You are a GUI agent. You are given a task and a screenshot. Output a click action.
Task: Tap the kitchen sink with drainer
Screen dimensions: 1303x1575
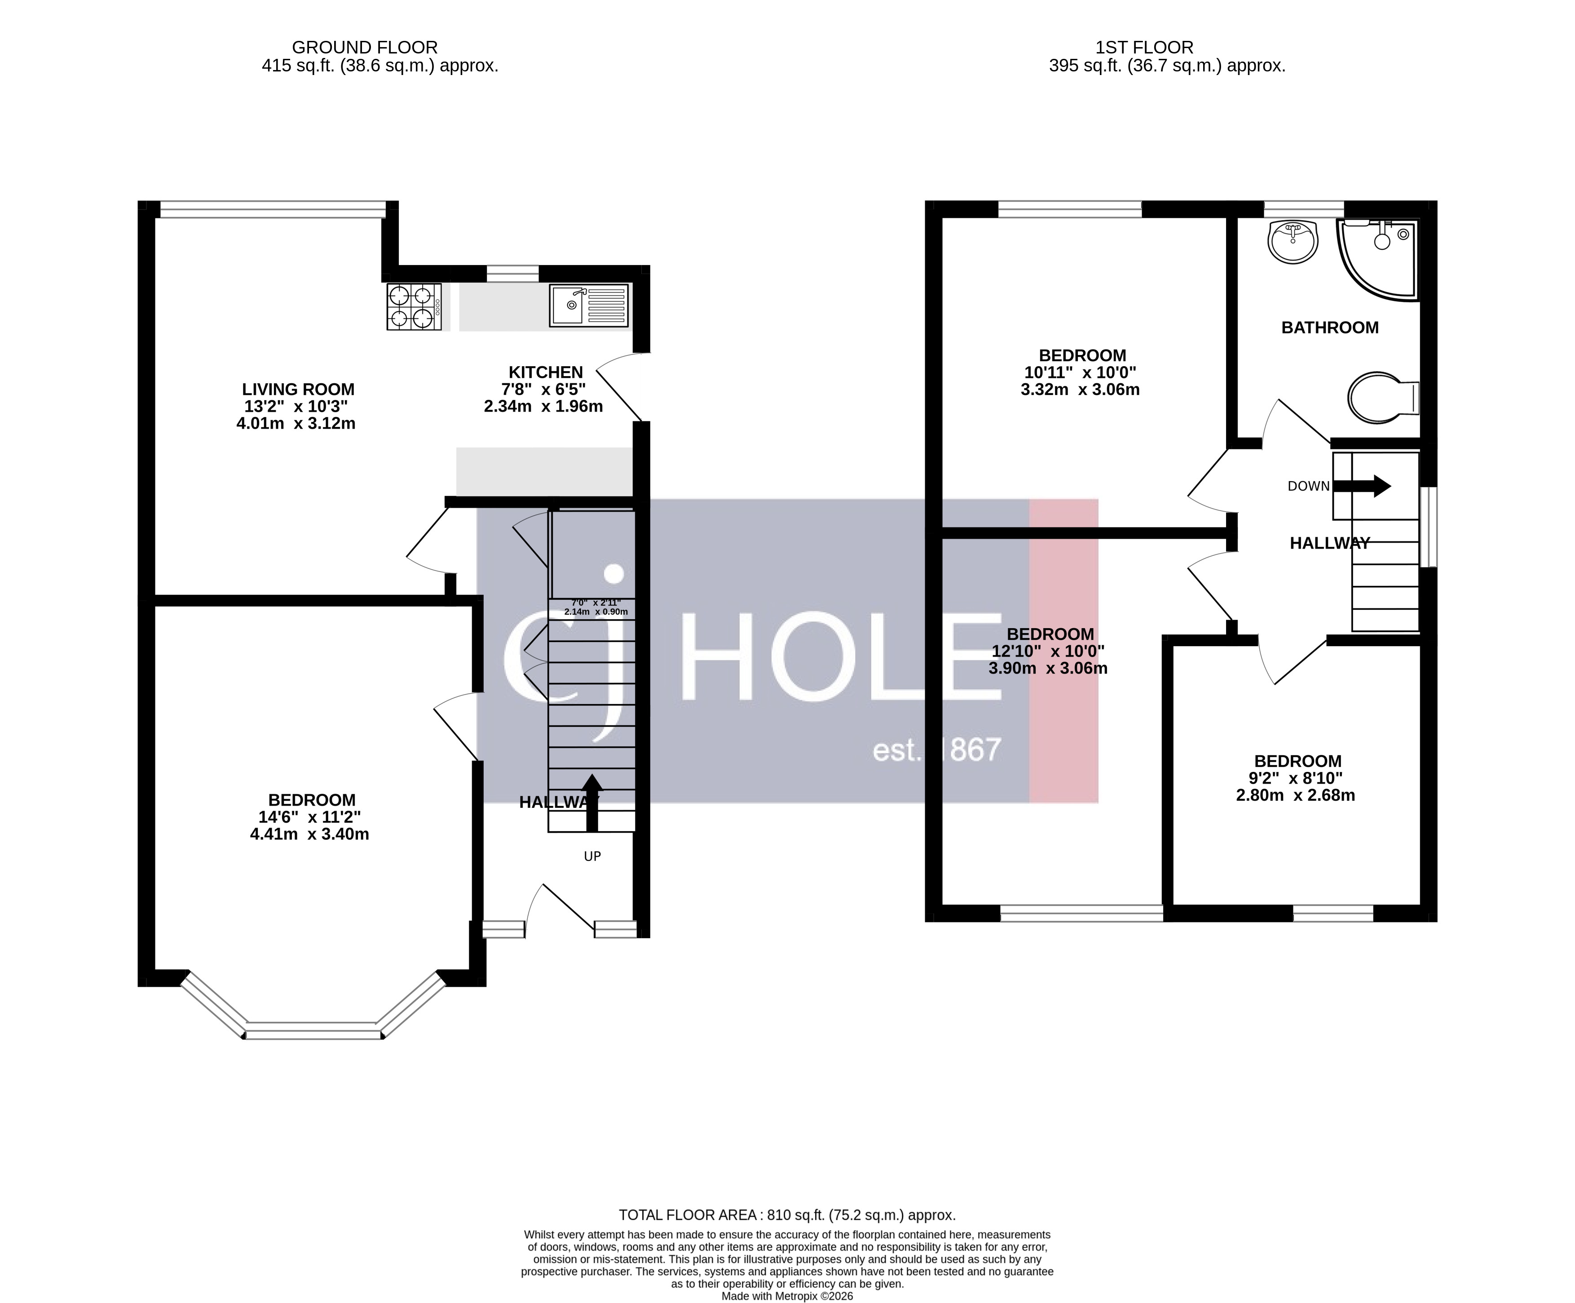point(589,306)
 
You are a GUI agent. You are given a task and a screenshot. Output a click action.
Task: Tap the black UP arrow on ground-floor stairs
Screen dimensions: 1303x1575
point(592,802)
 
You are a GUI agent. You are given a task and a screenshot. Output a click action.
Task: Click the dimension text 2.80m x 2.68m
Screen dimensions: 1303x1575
point(1295,795)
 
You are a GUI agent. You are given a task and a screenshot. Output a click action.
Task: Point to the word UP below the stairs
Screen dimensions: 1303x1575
point(592,856)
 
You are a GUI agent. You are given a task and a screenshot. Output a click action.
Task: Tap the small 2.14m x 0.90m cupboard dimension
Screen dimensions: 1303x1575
point(596,612)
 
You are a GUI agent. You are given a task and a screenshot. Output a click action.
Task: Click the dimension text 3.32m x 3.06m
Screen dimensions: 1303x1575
point(1080,389)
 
